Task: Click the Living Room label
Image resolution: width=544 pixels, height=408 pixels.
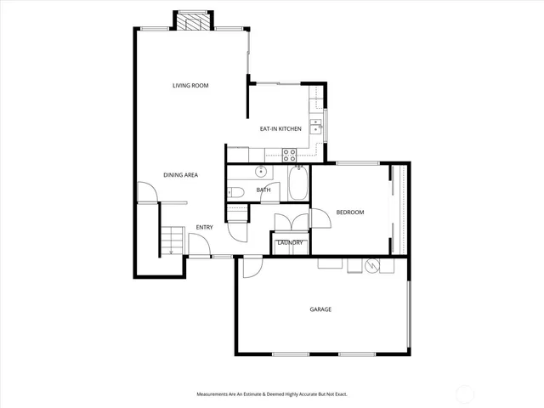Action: pyautogui.click(x=190, y=86)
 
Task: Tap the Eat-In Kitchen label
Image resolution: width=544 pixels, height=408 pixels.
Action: pyautogui.click(x=280, y=128)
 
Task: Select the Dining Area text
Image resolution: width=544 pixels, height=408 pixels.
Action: pyautogui.click(x=180, y=175)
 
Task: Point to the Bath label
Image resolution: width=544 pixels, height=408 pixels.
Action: pyautogui.click(x=263, y=190)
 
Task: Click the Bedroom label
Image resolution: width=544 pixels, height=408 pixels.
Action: pyautogui.click(x=349, y=212)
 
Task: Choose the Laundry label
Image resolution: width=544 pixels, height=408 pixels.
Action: pyautogui.click(x=290, y=243)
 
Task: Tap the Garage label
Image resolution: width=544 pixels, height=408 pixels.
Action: pyautogui.click(x=320, y=309)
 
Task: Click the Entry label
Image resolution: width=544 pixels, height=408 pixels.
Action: pyautogui.click(x=204, y=227)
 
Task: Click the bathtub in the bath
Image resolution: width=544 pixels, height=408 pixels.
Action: pyautogui.click(x=298, y=184)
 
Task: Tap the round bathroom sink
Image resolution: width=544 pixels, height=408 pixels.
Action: pyautogui.click(x=262, y=171)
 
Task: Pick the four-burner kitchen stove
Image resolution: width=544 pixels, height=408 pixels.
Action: pyautogui.click(x=289, y=155)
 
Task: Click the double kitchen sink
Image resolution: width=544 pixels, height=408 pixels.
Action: pyautogui.click(x=315, y=127)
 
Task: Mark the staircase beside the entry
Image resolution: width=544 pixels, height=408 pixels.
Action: pyautogui.click(x=173, y=240)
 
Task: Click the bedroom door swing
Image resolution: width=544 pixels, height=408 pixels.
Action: pyautogui.click(x=320, y=218)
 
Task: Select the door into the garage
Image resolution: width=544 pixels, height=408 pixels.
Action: pyautogui.click(x=252, y=267)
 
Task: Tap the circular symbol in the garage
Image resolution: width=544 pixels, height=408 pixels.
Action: pyautogui.click(x=371, y=267)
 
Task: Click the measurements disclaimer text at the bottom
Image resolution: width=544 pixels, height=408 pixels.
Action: pyautogui.click(x=272, y=394)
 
